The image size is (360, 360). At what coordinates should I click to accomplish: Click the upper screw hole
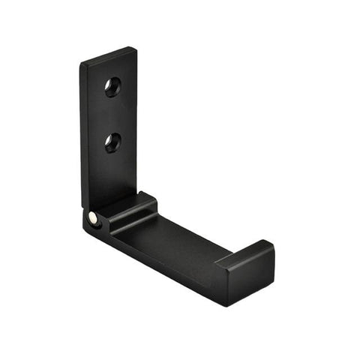point(112,87)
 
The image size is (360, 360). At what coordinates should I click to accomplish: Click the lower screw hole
point(113,142)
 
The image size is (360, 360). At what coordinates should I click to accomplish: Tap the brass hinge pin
point(92,217)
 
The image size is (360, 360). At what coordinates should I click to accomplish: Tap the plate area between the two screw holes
point(112,115)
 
